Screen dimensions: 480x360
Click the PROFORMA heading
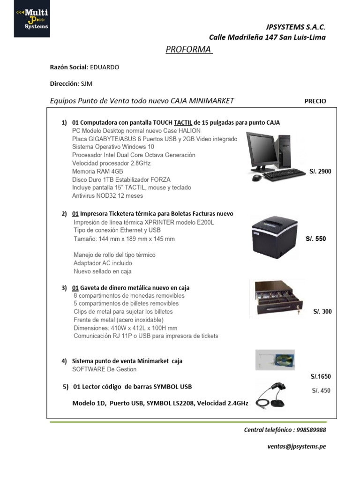[189, 50]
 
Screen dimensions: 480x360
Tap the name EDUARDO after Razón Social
[104, 67]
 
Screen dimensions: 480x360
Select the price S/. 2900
[320, 172]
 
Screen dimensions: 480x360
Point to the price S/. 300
[322, 312]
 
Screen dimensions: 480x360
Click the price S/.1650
[321, 376]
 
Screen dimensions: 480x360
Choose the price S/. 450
[321, 391]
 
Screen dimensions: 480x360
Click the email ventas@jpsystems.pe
[297, 447]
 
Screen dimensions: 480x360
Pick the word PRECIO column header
[315, 101]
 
